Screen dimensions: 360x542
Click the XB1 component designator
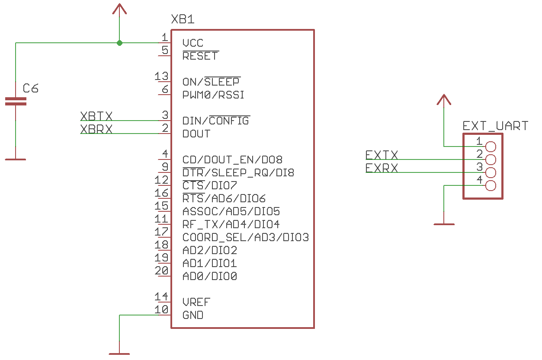tap(183, 19)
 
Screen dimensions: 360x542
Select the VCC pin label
tap(192, 43)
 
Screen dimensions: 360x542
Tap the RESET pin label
tap(200, 56)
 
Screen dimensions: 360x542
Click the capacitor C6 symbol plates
tap(16, 102)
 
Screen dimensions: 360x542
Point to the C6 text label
tap(31, 89)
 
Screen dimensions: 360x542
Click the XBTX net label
tap(96, 116)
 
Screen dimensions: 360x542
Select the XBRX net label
tap(96, 129)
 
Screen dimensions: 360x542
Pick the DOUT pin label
tap(196, 134)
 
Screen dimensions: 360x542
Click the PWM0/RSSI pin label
tap(213, 95)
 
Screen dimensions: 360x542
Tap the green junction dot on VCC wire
tap(119, 43)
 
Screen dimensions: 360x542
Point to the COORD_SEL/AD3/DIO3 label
tap(246, 238)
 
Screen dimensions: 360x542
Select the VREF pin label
tap(196, 303)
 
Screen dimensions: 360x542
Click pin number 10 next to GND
tap(161, 310)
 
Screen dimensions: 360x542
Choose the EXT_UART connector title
tap(495, 126)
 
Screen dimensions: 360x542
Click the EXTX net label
tap(382, 155)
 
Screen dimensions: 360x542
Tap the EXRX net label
tap(382, 168)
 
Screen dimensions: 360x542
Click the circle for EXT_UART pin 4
tap(491, 186)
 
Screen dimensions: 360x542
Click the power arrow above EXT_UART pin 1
tap(444, 100)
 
